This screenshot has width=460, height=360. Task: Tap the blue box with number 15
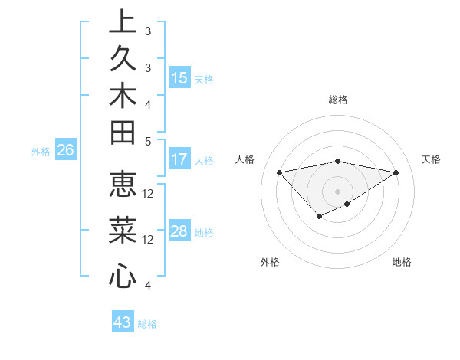[x=179, y=77]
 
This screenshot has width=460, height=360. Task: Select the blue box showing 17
[x=179, y=159]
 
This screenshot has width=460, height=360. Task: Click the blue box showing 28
[x=179, y=231]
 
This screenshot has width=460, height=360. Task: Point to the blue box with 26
[x=65, y=151]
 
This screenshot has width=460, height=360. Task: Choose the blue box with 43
[x=123, y=322]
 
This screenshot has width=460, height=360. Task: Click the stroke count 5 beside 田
[x=148, y=141]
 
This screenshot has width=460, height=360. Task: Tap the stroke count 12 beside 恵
[x=148, y=193]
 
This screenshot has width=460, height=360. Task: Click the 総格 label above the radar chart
[x=338, y=100]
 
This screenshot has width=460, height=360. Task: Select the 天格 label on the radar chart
[x=431, y=159]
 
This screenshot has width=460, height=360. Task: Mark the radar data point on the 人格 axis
[x=279, y=172]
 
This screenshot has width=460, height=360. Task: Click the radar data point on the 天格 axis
[x=396, y=172]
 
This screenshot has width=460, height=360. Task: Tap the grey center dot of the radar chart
[x=338, y=191]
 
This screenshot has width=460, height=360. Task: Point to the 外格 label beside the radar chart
[x=270, y=262]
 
